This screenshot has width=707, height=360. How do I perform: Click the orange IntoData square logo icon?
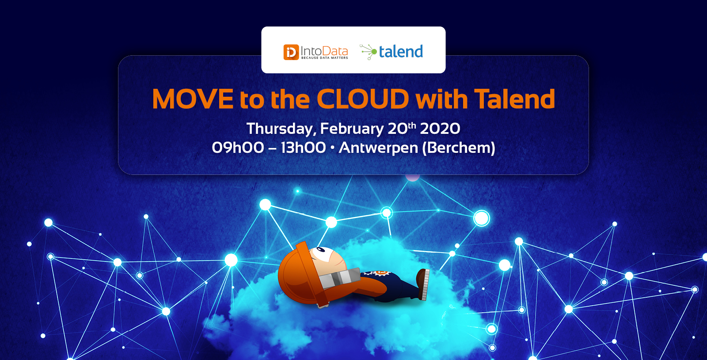tap(291, 52)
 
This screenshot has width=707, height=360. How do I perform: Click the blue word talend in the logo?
tap(401, 51)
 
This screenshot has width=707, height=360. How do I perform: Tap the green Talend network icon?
tap(369, 52)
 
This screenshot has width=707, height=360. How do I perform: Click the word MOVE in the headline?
tap(193, 99)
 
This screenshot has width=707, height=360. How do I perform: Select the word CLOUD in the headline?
tap(363, 99)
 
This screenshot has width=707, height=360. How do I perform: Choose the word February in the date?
tap(352, 129)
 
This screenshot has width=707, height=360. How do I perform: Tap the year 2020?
tap(440, 129)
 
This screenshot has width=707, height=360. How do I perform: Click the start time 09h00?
tap(238, 148)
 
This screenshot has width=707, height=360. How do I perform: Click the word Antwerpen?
tap(378, 148)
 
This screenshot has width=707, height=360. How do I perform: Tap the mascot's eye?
tap(321, 250)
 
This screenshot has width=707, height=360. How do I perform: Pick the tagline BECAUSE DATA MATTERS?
tap(324, 58)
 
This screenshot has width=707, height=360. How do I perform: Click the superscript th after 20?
tap(412, 125)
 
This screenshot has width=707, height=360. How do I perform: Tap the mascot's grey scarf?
tap(340, 277)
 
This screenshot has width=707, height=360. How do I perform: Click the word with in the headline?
tap(441, 99)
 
